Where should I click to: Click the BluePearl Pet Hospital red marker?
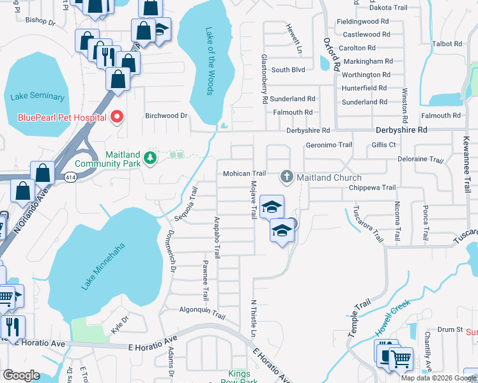(x=116, y=116)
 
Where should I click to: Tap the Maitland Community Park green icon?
(x=150, y=157)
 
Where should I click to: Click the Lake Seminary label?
(x=38, y=97)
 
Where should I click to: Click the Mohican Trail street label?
(x=244, y=174)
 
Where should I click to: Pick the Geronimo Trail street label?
(x=329, y=145)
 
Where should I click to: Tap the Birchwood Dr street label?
(x=166, y=116)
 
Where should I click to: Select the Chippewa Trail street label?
(x=373, y=188)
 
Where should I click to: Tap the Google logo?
(x=20, y=376)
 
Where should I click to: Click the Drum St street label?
(x=450, y=329)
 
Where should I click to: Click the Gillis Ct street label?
(x=383, y=145)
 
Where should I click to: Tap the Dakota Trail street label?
(x=388, y=8)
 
